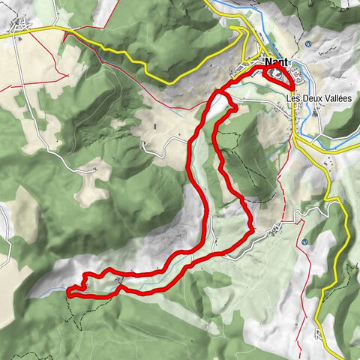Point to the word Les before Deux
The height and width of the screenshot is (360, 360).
click(x=292, y=97)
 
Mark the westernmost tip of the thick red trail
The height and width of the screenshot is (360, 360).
click(x=68, y=292)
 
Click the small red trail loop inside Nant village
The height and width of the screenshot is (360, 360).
click(x=275, y=77)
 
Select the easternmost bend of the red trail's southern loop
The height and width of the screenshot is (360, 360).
click(x=252, y=227)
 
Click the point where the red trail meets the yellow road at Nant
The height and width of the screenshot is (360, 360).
click(x=291, y=89)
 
